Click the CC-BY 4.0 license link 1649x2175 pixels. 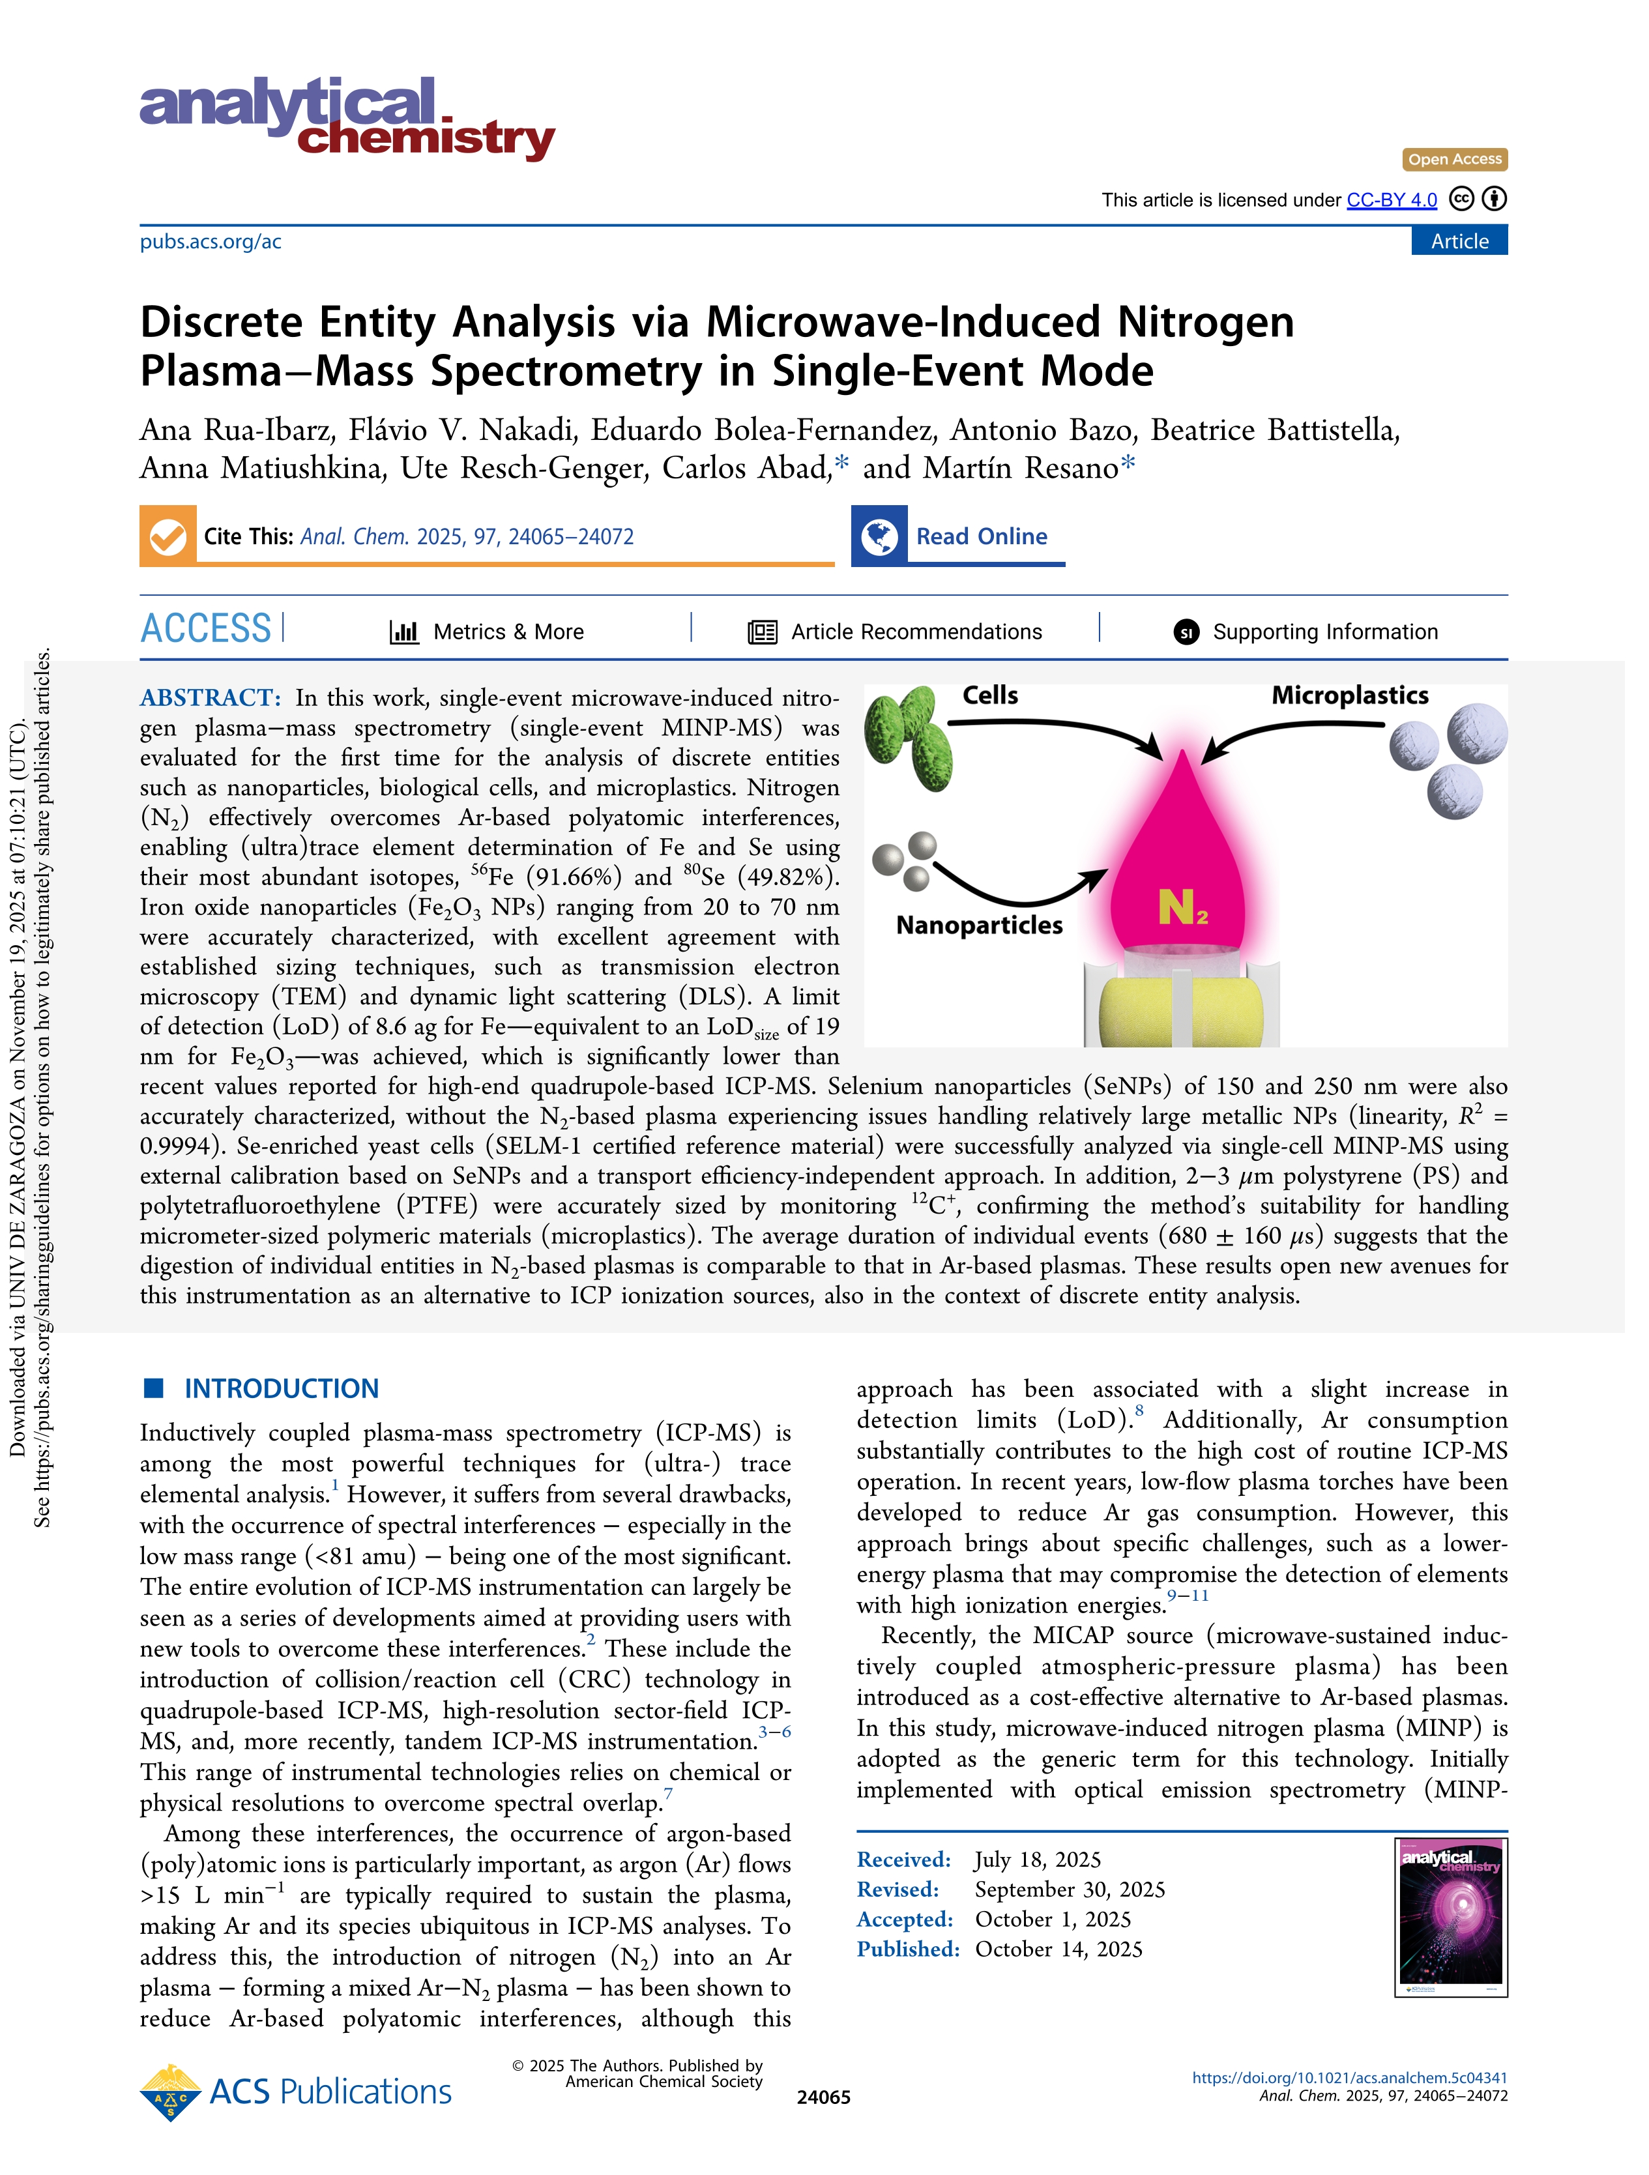pyautogui.click(x=1392, y=201)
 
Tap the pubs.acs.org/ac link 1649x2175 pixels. pyautogui.click(x=211, y=242)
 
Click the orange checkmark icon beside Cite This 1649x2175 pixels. pyautogui.click(x=168, y=537)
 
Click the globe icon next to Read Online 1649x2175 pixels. pyautogui.click(x=879, y=537)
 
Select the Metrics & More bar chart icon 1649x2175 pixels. pyautogui.click(x=404, y=632)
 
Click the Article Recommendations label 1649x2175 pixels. pyautogui.click(x=916, y=632)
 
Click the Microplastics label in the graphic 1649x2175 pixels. pyautogui.click(x=1349, y=696)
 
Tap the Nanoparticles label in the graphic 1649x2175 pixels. pyautogui.click(x=980, y=926)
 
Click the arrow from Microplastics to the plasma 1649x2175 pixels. pyautogui.click(x=1288, y=733)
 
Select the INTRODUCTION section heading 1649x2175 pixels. pyautogui.click(x=281, y=1390)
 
